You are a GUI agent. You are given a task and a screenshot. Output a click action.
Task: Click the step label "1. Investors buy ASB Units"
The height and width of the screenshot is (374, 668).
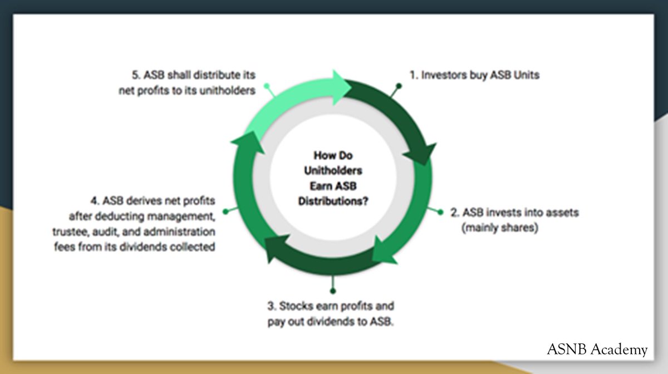474,75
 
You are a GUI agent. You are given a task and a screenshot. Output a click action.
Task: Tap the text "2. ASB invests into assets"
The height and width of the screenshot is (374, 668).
514,213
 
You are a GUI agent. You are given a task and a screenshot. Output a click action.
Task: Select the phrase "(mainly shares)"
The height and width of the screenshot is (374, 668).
500,228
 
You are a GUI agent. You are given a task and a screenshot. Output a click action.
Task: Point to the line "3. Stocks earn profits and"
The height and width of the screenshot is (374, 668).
331,306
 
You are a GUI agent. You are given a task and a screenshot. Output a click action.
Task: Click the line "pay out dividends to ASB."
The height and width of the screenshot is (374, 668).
331,322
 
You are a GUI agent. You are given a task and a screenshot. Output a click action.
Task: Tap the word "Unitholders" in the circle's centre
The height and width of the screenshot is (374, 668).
333,170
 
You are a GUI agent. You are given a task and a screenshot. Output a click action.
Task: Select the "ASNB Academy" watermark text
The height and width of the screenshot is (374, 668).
597,350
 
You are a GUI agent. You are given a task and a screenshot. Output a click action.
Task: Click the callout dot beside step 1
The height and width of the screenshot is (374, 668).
399,86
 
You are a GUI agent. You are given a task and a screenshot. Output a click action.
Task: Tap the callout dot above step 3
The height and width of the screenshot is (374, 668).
333,290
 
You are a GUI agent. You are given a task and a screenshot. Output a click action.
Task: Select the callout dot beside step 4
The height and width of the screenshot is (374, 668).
225,211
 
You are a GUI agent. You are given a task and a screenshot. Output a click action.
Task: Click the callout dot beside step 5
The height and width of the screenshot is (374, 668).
267,86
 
